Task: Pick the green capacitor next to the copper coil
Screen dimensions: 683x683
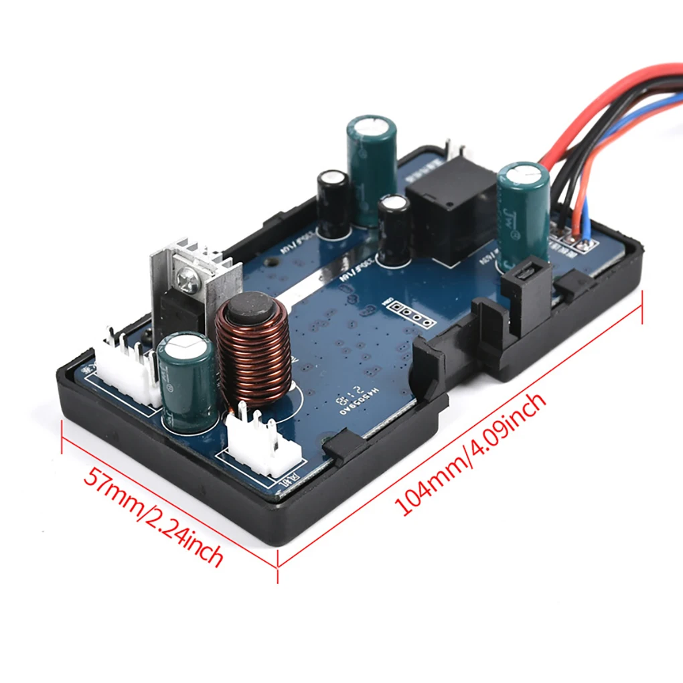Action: coord(188,382)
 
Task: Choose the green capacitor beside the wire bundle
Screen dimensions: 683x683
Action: coord(522,214)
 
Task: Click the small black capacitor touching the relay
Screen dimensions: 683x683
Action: coord(394,231)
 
